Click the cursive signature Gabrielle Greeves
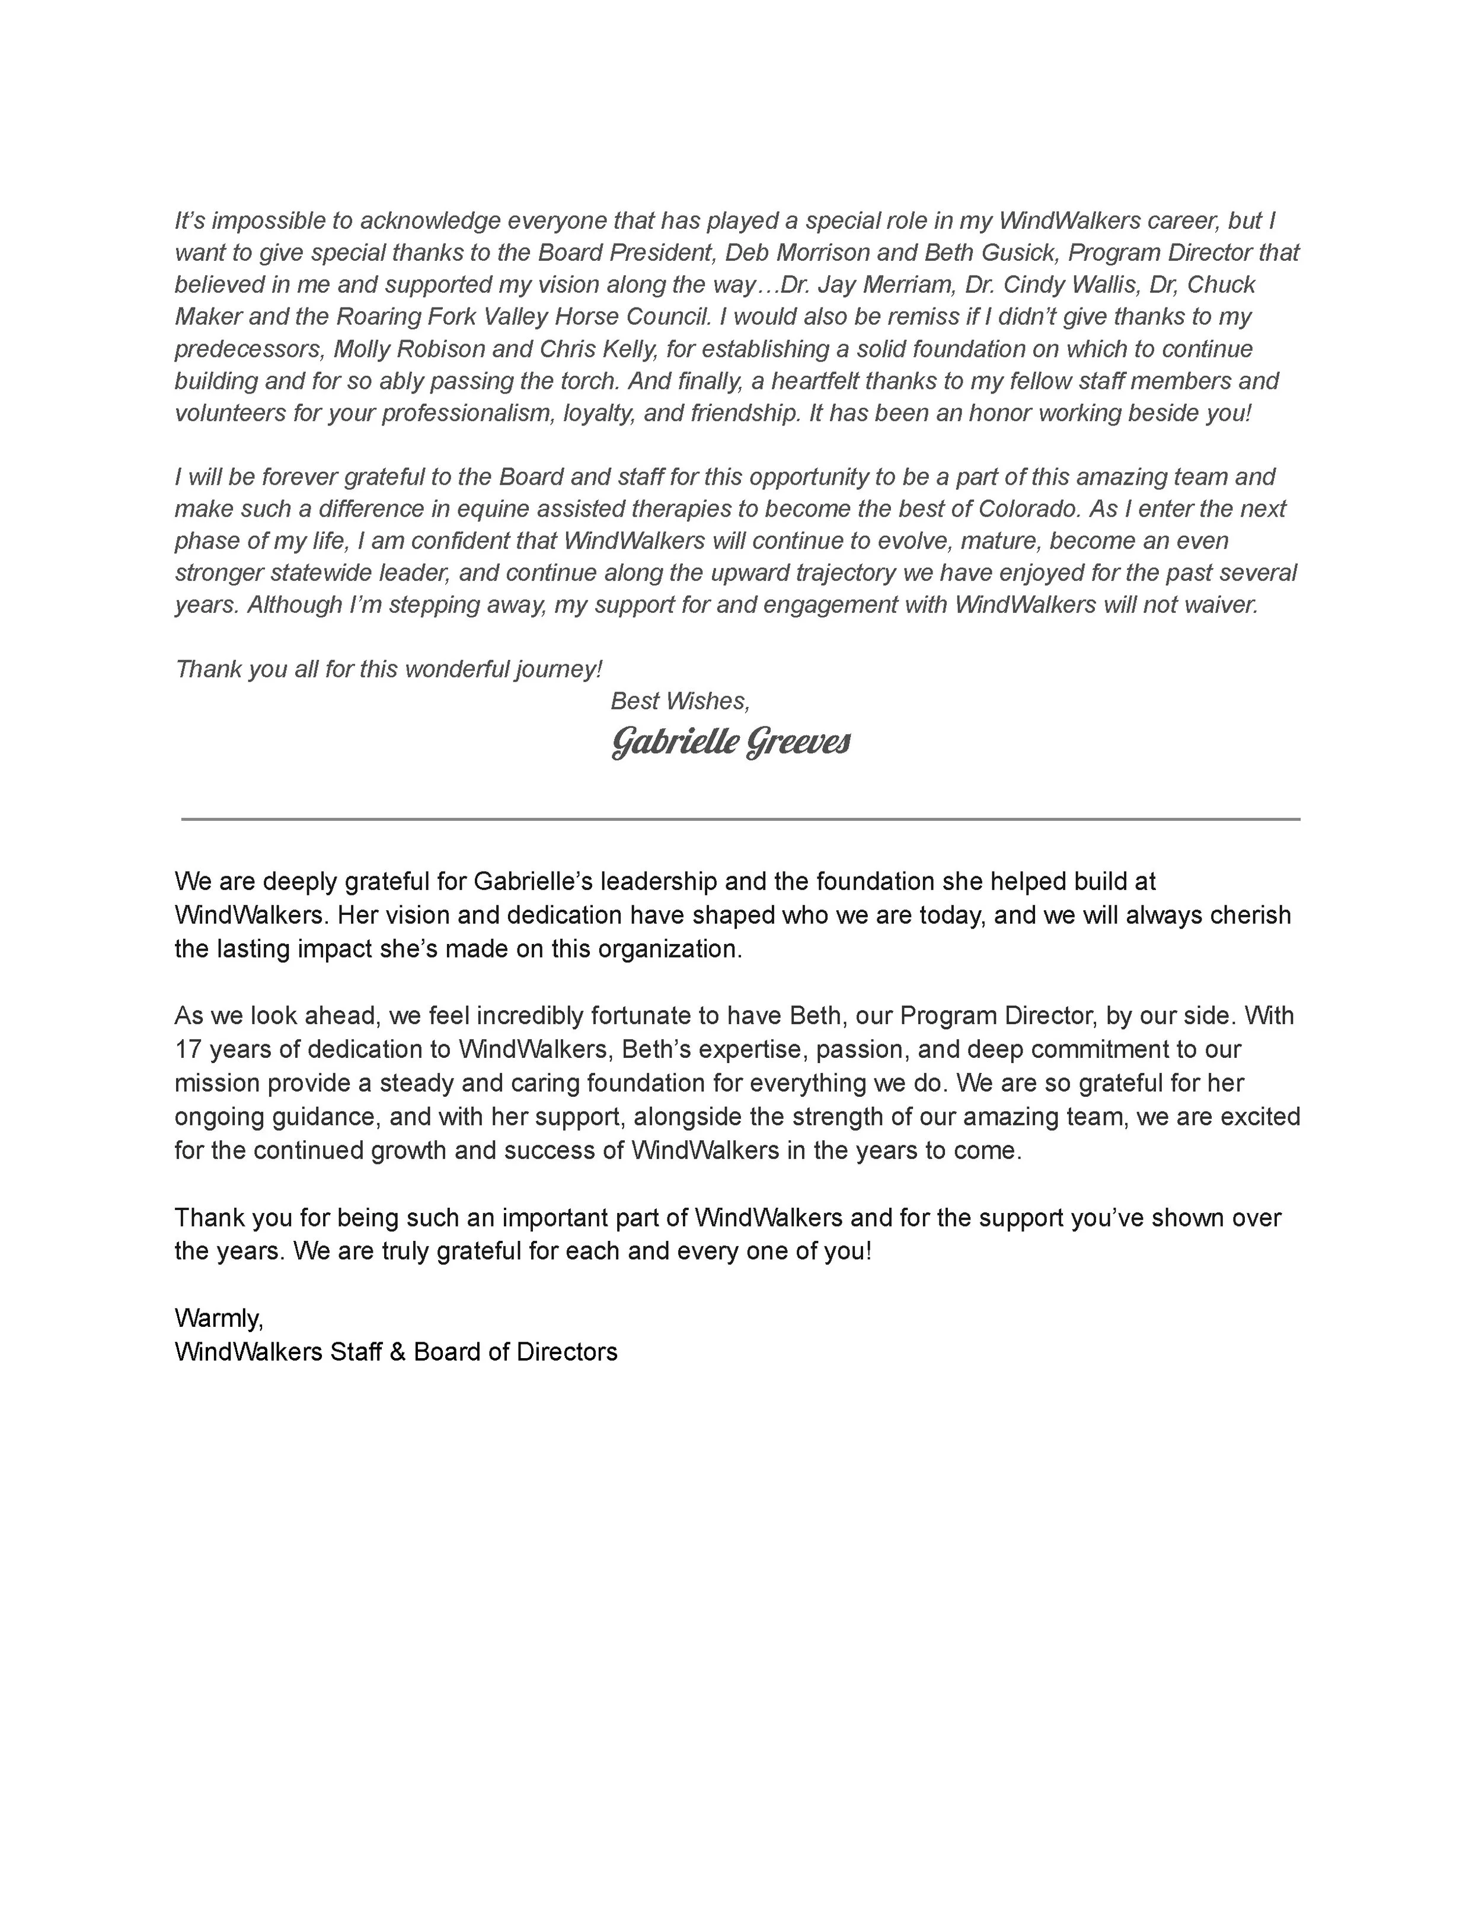[730, 743]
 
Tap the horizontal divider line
[740, 819]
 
